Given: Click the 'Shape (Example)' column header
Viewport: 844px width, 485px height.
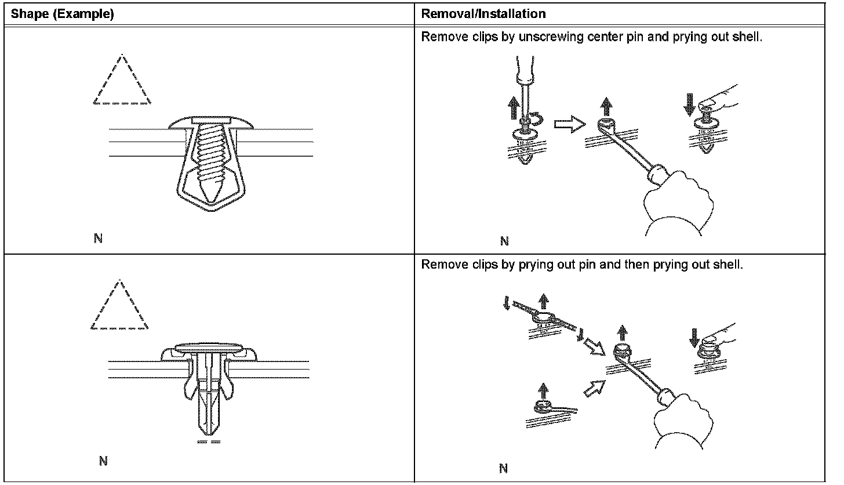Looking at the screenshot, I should (63, 14).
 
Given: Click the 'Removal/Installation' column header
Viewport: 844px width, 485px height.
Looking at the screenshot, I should (483, 14).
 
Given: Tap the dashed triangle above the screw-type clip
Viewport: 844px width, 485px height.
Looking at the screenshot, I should (122, 81).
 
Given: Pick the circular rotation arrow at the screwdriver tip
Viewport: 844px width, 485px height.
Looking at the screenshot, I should (539, 119).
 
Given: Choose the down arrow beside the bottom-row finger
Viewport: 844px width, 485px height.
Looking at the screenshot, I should (694, 336).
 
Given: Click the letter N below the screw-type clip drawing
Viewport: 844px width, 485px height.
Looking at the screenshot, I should (98, 238).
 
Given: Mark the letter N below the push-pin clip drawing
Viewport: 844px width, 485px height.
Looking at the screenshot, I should (103, 461).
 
